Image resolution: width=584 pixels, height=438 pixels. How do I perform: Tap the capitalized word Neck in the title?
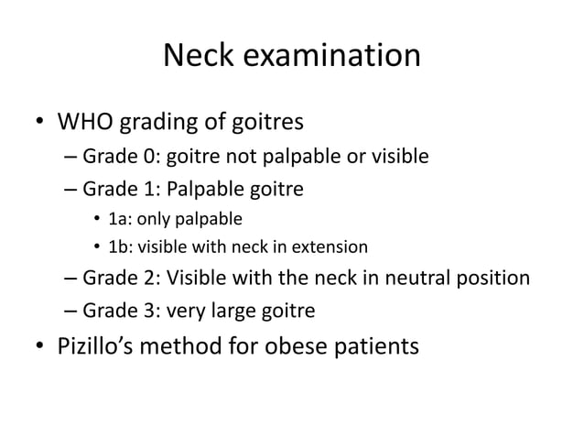[x=193, y=57]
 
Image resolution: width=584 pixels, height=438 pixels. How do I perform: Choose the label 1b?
[x=119, y=246]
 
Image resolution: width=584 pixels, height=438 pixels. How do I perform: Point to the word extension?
[x=330, y=246]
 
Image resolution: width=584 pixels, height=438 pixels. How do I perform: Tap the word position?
[x=491, y=278]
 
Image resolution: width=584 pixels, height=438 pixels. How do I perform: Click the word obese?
[x=309, y=348]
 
